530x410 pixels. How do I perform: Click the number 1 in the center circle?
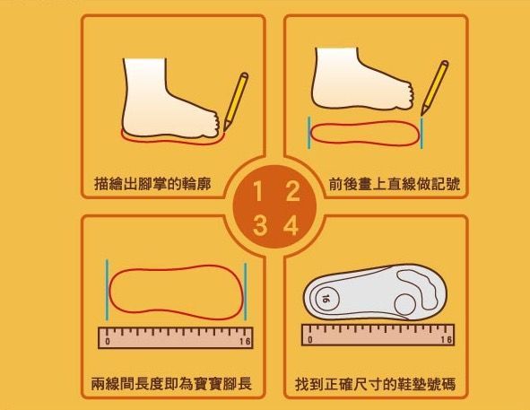[x=257, y=191]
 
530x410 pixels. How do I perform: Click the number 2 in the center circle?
[x=292, y=191]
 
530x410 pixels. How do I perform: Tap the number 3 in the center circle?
[x=259, y=226]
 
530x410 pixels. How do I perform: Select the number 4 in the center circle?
[x=291, y=226]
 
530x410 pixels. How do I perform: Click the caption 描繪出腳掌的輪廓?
[x=152, y=184]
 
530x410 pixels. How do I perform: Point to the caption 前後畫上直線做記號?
[x=394, y=184]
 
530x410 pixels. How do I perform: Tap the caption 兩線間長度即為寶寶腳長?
[x=171, y=384]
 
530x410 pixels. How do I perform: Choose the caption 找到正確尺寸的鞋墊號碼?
[x=375, y=384]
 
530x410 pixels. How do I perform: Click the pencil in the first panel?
[x=236, y=101]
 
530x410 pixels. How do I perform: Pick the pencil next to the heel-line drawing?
[x=435, y=88]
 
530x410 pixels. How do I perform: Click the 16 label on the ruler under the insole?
[x=446, y=339]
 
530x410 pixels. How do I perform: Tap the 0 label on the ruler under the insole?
[x=310, y=339]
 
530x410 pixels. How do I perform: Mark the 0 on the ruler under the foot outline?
[x=108, y=341]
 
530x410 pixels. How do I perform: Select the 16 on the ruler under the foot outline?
[x=245, y=341]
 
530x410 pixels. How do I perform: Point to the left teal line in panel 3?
[x=107, y=290]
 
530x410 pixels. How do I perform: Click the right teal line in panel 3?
[x=246, y=292]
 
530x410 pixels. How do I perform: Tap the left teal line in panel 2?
[x=308, y=133]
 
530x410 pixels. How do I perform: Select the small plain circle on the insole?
[x=405, y=304]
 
